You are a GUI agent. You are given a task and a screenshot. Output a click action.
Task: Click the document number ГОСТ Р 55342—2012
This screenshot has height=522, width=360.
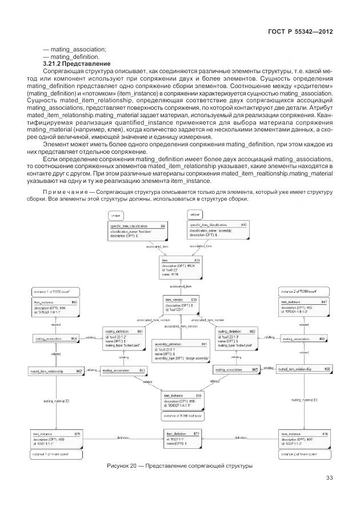pyautogui.click(x=301, y=33)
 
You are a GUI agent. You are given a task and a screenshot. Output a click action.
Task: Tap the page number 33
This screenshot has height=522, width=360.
pyautogui.click(x=329, y=478)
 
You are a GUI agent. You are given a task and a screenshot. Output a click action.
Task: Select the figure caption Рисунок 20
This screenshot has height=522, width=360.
pyautogui.click(x=179, y=466)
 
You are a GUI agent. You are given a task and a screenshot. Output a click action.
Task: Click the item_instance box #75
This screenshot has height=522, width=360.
pyautogui.click(x=57, y=438)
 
